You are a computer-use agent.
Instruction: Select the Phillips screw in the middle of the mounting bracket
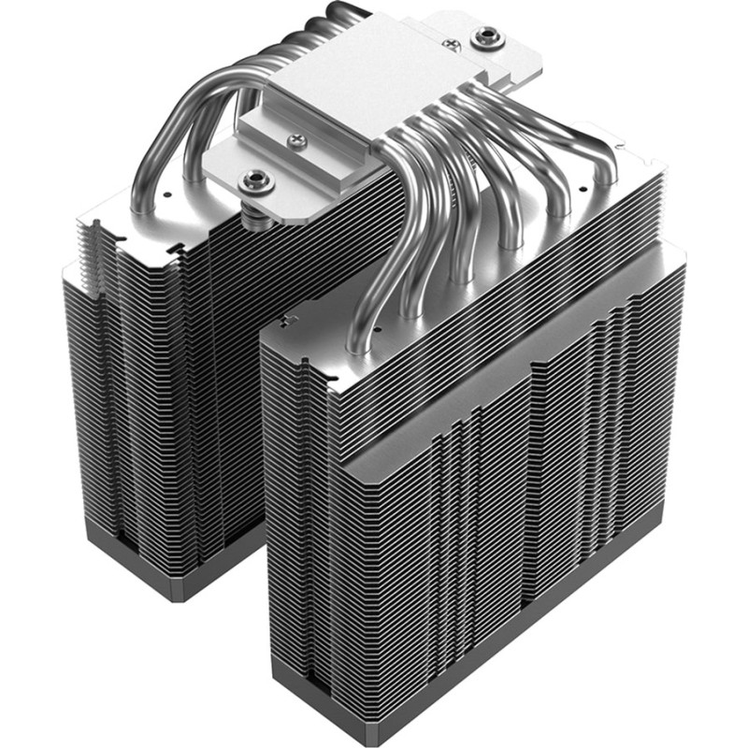click(297, 140)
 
